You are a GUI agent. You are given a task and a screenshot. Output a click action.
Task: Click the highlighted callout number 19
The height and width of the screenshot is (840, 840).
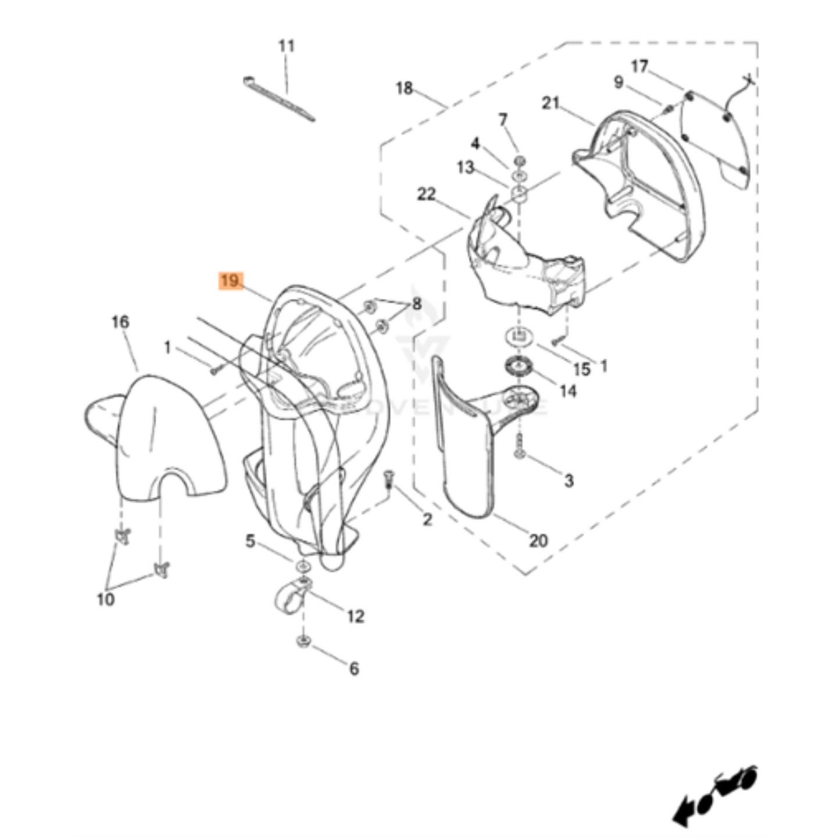230,281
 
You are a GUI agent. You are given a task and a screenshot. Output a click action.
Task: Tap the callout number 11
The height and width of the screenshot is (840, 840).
287,45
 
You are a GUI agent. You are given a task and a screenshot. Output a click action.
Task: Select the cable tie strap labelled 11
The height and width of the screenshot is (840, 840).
279,99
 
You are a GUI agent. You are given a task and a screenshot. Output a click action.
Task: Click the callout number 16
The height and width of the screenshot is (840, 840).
120,321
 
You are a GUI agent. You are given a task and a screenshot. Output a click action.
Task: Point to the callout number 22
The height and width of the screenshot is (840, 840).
426,194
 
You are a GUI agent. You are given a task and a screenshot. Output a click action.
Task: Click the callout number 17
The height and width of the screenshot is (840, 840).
639,66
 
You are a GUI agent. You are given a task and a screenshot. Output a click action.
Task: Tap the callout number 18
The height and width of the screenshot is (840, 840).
404,88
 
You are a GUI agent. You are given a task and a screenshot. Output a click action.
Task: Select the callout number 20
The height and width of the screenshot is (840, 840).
538,541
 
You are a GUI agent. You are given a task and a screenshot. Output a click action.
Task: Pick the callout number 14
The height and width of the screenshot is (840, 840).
567,391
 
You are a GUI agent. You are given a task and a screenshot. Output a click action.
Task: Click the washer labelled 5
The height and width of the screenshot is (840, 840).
303,566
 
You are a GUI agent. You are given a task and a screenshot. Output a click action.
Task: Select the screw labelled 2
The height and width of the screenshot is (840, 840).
388,480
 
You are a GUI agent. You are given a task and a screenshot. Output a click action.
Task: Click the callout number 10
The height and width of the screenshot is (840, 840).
106,599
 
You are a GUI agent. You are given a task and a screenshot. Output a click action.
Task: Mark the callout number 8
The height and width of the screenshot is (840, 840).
417,303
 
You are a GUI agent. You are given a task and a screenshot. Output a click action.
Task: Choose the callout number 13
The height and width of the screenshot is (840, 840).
465,167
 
